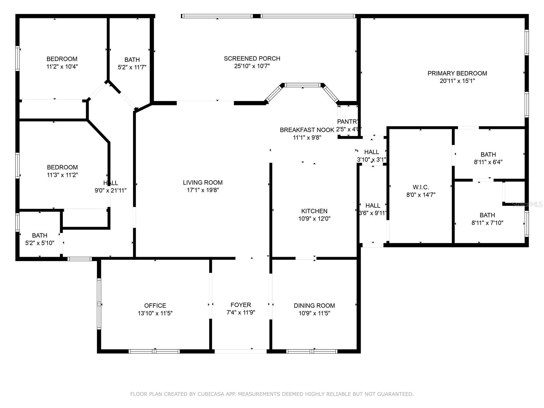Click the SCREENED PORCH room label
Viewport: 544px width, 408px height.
pos(252,58)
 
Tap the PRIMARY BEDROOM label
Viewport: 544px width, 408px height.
pos(457,73)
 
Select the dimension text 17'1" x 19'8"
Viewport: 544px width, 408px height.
pos(203,190)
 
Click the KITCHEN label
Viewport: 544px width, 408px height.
pos(314,211)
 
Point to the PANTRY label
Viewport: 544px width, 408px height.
pos(348,122)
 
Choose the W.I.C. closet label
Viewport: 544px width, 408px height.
pos(421,187)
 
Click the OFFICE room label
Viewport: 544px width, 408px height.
pos(155,306)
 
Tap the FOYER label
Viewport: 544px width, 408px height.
pos(241,305)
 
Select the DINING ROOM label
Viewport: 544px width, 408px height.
pos(314,306)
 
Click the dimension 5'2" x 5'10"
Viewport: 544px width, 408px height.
pos(40,243)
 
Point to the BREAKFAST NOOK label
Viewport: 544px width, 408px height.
pos(307,130)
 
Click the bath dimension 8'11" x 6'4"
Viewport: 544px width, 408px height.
pos(488,162)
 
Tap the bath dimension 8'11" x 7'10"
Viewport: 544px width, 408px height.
pos(487,223)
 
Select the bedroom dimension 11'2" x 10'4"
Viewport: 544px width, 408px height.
pos(62,67)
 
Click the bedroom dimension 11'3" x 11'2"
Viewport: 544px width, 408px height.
pos(62,175)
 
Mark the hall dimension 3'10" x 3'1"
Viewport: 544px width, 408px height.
pos(371,159)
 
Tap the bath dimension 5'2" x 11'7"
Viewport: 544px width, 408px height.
pos(132,67)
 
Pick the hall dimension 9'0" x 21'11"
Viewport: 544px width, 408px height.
pos(111,191)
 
